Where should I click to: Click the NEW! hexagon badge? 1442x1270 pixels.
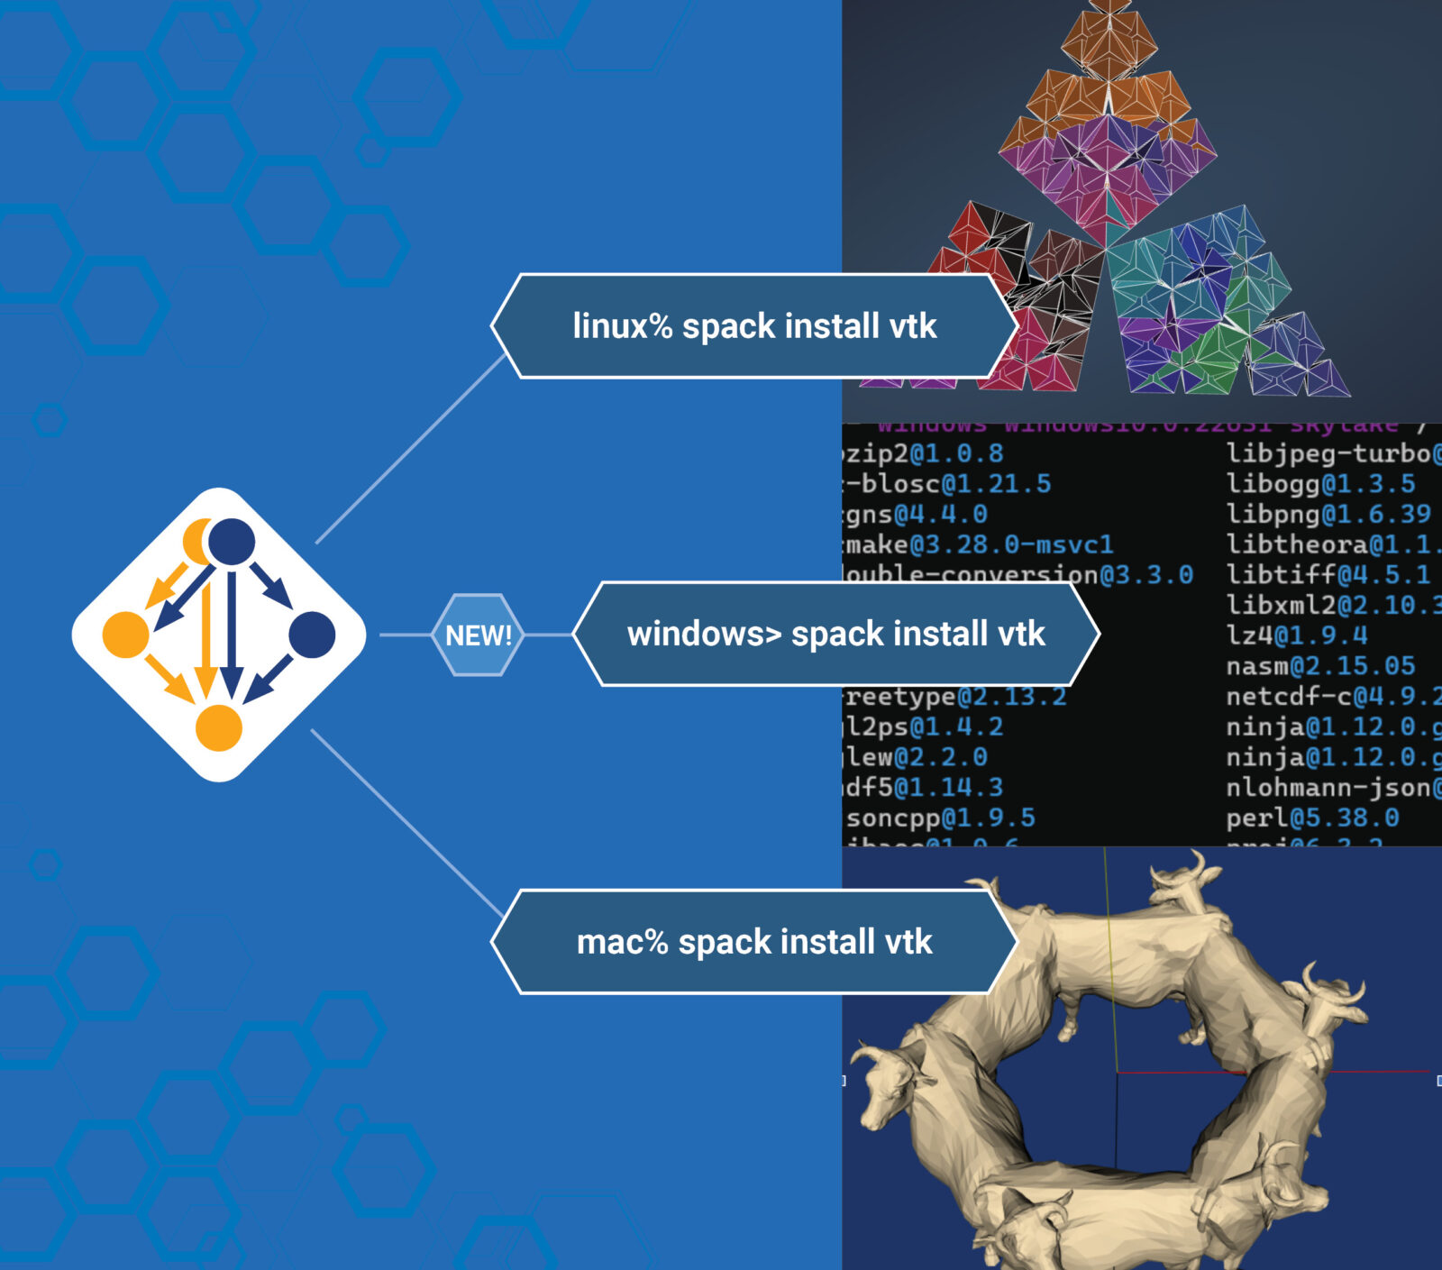[478, 635]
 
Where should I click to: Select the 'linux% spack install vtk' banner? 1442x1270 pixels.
[754, 325]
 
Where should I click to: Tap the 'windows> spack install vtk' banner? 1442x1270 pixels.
[835, 634]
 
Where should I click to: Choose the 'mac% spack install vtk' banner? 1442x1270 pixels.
[754, 942]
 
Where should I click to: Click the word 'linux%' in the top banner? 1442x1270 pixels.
[623, 325]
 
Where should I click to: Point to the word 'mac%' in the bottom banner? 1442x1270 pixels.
[622, 942]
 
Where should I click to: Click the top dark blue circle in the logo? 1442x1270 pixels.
[232, 542]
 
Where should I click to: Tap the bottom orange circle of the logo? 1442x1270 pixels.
[219, 727]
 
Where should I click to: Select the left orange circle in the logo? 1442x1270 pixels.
[126, 635]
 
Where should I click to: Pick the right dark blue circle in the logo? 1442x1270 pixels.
[312, 635]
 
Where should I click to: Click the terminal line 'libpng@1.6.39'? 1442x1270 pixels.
[1328, 514]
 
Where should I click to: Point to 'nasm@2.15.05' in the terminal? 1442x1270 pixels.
[1320, 666]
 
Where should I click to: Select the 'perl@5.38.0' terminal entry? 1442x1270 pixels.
[1312, 818]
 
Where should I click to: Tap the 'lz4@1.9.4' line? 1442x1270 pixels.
[1297, 635]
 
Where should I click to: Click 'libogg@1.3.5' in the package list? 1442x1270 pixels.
[1320, 483]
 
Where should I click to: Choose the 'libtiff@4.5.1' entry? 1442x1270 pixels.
[1328, 574]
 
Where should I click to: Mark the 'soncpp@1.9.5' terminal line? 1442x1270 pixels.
[940, 818]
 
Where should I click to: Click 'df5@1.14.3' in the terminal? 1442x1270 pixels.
[924, 787]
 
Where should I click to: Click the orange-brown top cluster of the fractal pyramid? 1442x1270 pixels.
[1109, 54]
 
